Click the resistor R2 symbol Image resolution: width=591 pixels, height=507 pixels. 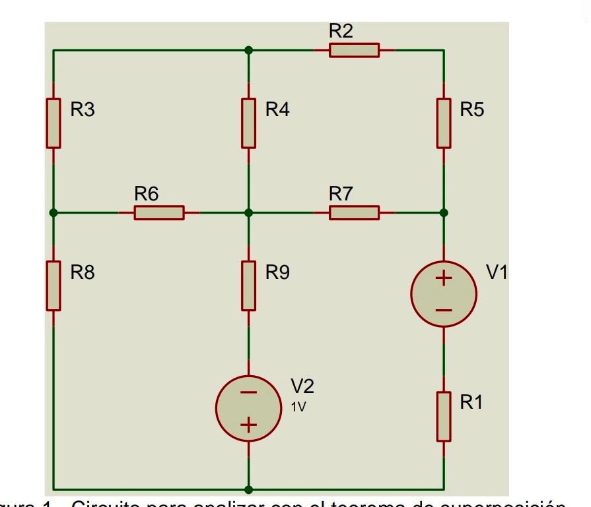coord(355,50)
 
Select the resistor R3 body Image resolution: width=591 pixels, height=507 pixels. coord(53,123)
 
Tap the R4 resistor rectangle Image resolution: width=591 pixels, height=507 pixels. coord(248,123)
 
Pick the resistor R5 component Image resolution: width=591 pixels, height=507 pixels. coord(444,123)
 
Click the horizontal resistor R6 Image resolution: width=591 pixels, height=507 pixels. coord(159,213)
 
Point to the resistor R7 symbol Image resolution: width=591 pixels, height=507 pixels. coord(355,213)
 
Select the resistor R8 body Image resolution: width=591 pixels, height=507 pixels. coord(53,285)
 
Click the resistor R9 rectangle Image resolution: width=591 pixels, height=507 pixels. coord(248,285)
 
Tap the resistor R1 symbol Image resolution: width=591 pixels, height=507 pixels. coord(444,417)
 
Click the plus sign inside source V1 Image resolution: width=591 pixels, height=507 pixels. coord(444,279)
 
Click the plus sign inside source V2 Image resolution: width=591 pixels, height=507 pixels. coord(248,425)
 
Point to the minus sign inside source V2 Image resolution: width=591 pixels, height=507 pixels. coord(248,393)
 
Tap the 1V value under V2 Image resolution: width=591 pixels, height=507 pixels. coord(298,407)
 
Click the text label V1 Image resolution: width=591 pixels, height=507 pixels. coord(497,272)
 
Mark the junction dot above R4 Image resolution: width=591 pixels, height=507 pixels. coord(248,50)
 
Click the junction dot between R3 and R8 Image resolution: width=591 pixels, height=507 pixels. coord(53,213)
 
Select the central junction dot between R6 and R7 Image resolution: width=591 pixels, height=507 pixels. coord(248,213)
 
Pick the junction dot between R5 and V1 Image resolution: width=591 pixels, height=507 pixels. coord(444,213)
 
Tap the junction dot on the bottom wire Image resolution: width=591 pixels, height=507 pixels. coord(248,489)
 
